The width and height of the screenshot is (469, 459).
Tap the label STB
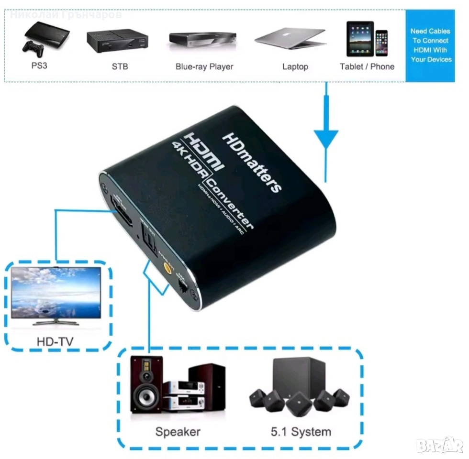(120, 66)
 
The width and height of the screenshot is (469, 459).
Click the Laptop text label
(295, 66)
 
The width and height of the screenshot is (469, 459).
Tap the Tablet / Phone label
(367, 66)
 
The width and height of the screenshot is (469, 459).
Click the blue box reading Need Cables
(431, 45)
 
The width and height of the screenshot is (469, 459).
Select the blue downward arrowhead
(326, 139)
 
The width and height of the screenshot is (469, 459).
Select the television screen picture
(56, 293)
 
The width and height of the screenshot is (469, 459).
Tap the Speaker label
(178, 431)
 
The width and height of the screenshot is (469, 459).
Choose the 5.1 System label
(301, 432)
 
